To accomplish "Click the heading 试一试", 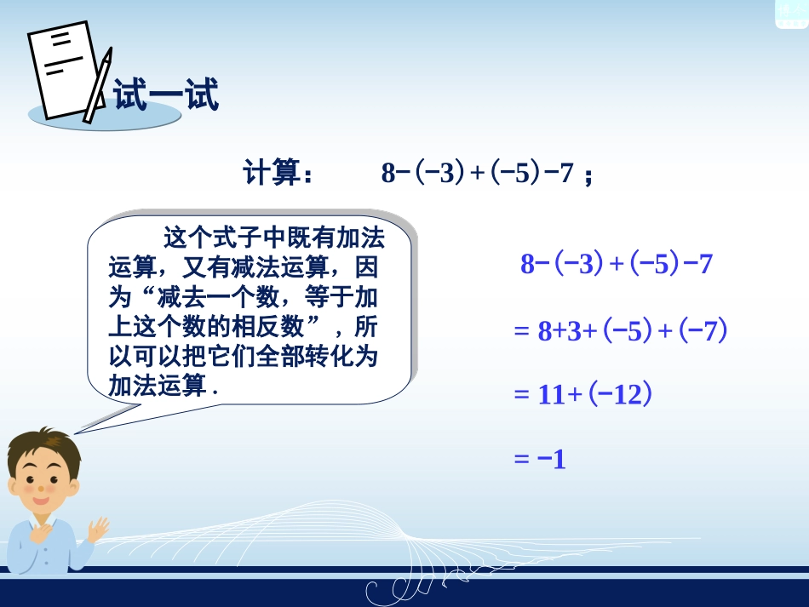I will pos(166,94).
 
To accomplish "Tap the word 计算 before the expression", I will pos(271,174).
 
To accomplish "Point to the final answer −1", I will pos(552,460).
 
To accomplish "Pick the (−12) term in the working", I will pos(619,395).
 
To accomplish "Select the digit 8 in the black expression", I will pos(388,174).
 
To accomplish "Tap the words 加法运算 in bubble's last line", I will pos(158,386).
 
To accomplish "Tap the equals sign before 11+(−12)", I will pos(521,395).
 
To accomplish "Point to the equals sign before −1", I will pos(521,460).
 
